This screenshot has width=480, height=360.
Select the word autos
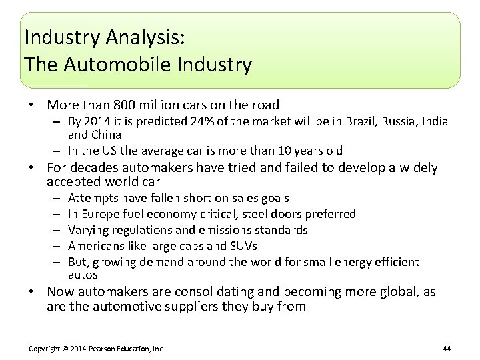83,275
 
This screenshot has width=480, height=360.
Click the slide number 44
447,349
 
